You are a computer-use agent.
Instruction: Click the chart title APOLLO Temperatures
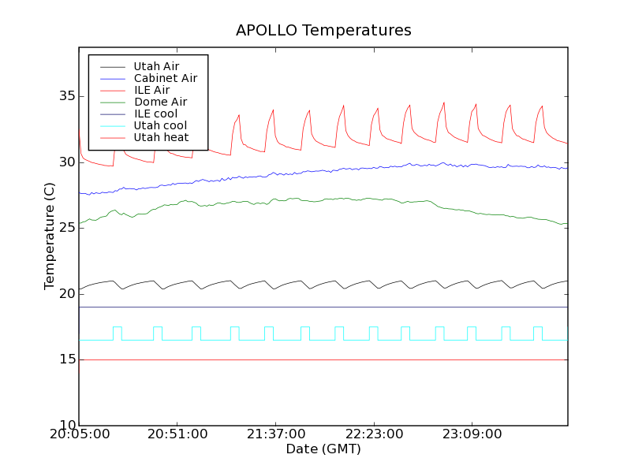pyautogui.click(x=323, y=31)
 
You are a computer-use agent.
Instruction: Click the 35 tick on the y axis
pyautogui.click(x=63, y=96)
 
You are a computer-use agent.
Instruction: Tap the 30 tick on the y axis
pyautogui.click(x=63, y=162)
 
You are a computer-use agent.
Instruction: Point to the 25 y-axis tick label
pyautogui.click(x=63, y=228)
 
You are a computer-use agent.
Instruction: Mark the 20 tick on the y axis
pyautogui.click(x=63, y=294)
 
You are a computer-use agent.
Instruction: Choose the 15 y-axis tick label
pyautogui.click(x=63, y=359)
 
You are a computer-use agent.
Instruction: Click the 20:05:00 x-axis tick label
pyautogui.click(x=79, y=434)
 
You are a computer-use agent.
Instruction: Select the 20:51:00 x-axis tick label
pyautogui.click(x=177, y=434)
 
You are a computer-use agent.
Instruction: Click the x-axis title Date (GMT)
pyautogui.click(x=323, y=449)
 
